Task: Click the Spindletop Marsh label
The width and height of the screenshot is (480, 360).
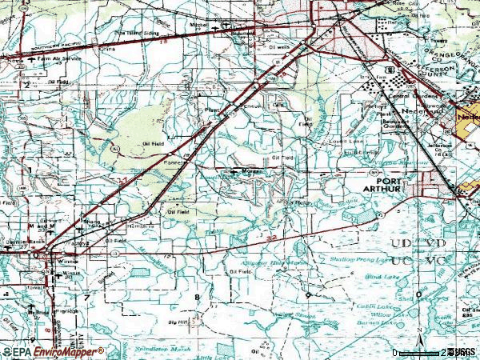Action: tap(161, 350)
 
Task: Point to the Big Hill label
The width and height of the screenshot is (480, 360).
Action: tap(178, 323)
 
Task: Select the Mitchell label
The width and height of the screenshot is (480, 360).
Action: tap(200, 24)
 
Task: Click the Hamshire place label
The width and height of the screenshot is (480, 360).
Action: tap(142, 226)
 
